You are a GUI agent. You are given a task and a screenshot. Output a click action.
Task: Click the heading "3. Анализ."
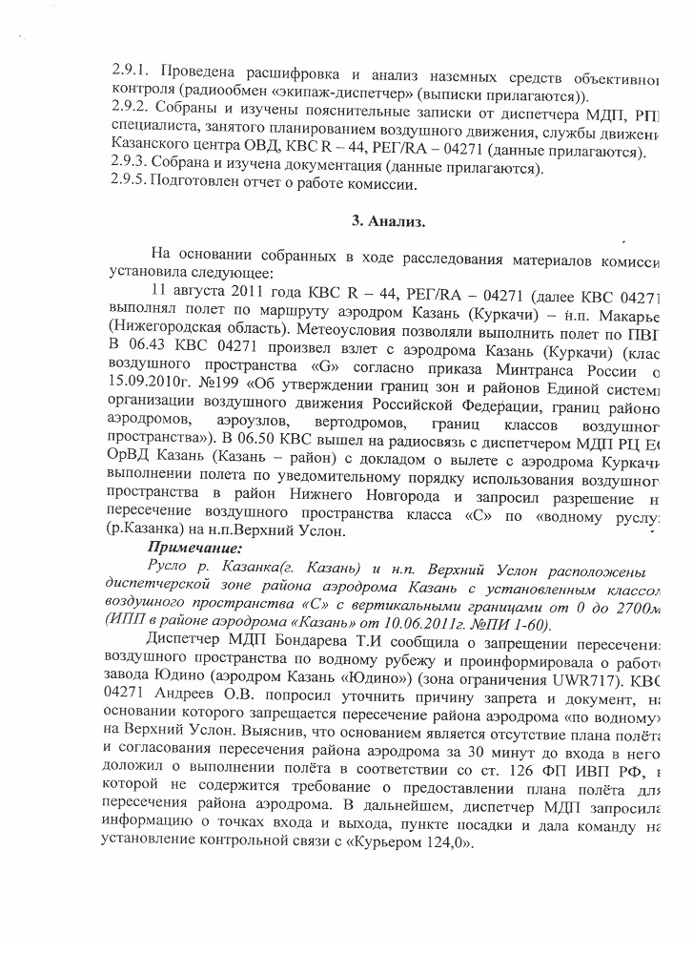point(387,221)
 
